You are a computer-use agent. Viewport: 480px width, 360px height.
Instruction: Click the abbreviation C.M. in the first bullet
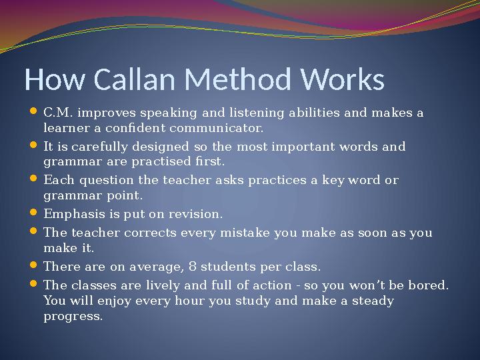click(x=58, y=112)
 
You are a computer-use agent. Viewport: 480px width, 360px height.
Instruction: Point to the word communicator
click(x=216, y=127)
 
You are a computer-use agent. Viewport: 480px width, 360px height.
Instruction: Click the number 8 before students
click(x=192, y=267)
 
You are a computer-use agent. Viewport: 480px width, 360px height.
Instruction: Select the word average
click(x=155, y=267)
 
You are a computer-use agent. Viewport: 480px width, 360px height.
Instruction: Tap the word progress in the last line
click(x=73, y=317)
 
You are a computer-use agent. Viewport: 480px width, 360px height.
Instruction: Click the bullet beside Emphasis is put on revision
click(x=34, y=214)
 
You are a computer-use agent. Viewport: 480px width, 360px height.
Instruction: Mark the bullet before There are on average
click(x=34, y=266)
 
